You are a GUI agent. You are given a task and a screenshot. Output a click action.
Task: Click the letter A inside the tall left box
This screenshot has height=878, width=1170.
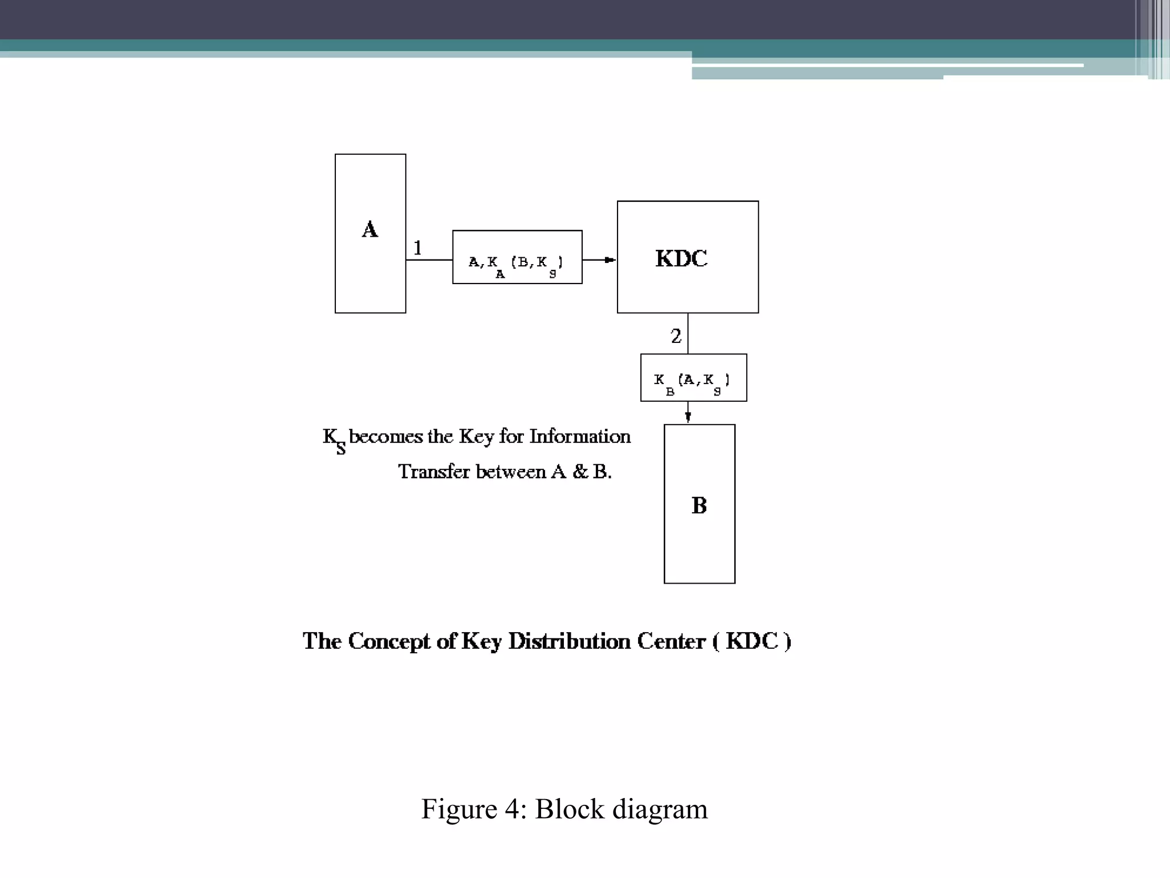pyautogui.click(x=370, y=230)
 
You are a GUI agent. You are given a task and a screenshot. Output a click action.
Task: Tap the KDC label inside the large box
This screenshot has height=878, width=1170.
pyautogui.click(x=681, y=259)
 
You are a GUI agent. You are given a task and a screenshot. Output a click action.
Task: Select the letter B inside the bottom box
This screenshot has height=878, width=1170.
pyautogui.click(x=699, y=505)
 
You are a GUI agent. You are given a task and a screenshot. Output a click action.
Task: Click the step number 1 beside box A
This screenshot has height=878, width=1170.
pyautogui.click(x=418, y=248)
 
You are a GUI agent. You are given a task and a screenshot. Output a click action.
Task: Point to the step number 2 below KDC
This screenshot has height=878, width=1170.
pyautogui.click(x=676, y=336)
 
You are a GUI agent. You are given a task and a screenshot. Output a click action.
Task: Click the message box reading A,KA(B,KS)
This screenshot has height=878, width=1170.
pyautogui.click(x=517, y=257)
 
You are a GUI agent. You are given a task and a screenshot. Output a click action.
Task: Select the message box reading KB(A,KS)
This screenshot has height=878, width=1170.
pyautogui.click(x=693, y=378)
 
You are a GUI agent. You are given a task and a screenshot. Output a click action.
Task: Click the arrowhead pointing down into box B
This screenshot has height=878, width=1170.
pyautogui.click(x=688, y=417)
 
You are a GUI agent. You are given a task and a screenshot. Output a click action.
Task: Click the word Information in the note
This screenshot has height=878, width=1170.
pyautogui.click(x=579, y=437)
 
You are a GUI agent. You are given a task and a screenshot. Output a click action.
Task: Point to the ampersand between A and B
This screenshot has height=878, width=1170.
pyautogui.click(x=580, y=472)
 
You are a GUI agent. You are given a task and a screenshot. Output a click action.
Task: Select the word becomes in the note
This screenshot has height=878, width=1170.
pyautogui.click(x=386, y=437)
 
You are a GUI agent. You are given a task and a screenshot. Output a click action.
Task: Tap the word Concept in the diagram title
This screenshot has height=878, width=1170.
pyautogui.click(x=388, y=641)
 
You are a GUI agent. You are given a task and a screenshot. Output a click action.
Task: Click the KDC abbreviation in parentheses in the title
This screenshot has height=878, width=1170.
pyautogui.click(x=752, y=641)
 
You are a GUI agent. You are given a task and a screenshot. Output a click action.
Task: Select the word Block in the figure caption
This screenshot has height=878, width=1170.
pyautogui.click(x=569, y=809)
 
